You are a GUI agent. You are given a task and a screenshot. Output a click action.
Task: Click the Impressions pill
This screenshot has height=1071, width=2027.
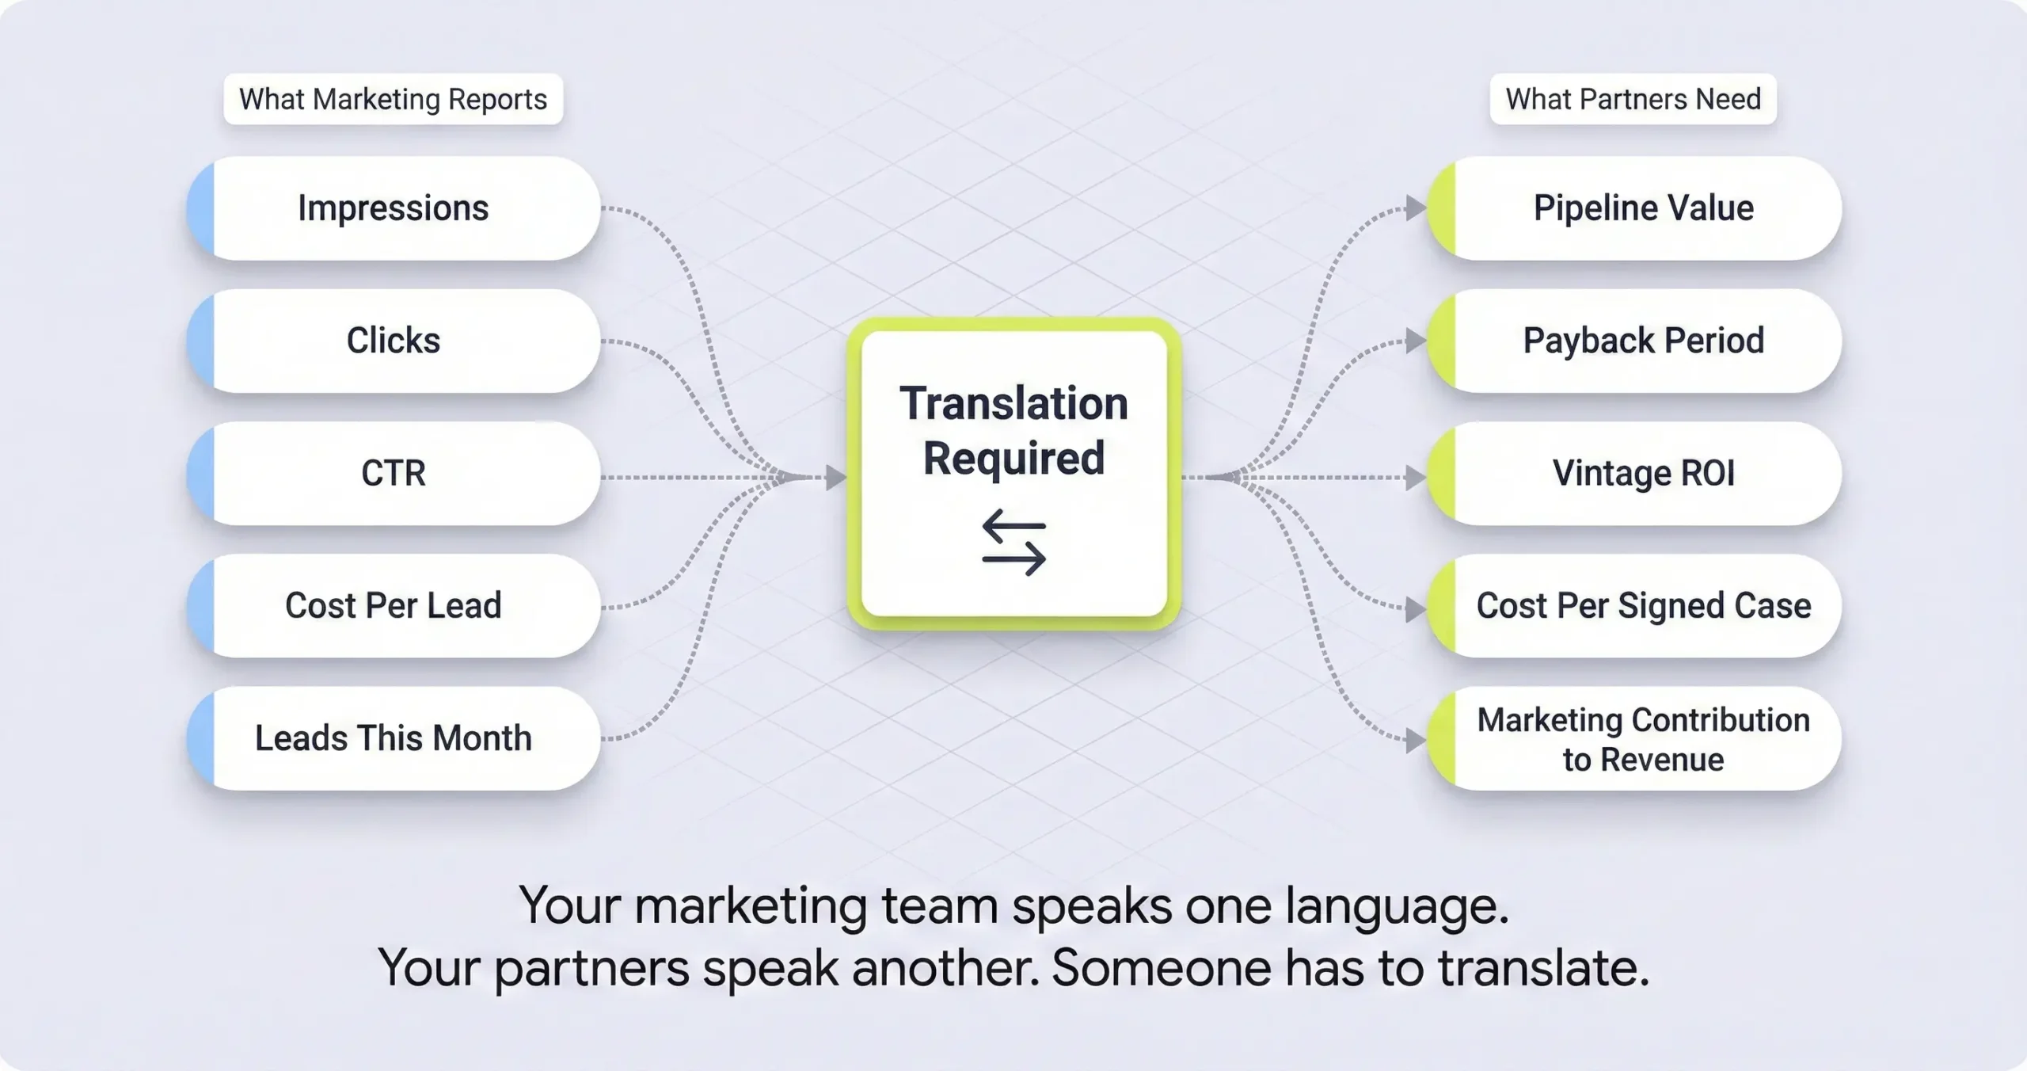coord(394,208)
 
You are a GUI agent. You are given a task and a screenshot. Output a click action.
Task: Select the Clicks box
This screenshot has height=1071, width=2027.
coord(394,341)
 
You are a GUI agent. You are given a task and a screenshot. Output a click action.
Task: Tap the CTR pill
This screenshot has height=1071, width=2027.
coord(394,473)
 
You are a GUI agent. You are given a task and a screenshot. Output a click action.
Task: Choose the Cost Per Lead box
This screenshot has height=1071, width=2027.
coord(394,605)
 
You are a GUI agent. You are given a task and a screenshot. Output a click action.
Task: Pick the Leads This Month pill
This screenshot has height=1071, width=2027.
coord(394,738)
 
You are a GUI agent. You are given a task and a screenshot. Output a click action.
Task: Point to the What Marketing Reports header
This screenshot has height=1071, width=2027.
coord(393,99)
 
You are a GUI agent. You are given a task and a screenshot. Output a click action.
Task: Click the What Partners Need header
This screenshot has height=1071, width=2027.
coord(1633,99)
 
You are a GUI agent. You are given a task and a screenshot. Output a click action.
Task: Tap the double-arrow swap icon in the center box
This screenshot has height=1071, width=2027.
coord(1013,542)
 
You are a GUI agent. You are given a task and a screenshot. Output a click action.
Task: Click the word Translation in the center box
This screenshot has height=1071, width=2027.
coord(1013,404)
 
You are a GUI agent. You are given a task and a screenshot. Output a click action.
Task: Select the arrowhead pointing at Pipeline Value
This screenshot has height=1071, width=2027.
coord(1415,209)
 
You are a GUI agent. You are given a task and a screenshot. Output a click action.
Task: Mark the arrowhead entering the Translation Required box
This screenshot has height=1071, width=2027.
coord(835,477)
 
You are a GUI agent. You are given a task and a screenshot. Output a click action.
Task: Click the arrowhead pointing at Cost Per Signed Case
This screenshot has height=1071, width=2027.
coord(1415,610)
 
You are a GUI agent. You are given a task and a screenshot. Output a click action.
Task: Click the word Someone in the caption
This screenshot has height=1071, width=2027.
coord(1161,968)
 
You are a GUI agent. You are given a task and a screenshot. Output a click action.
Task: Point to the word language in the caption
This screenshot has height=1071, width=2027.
coord(1396,906)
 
